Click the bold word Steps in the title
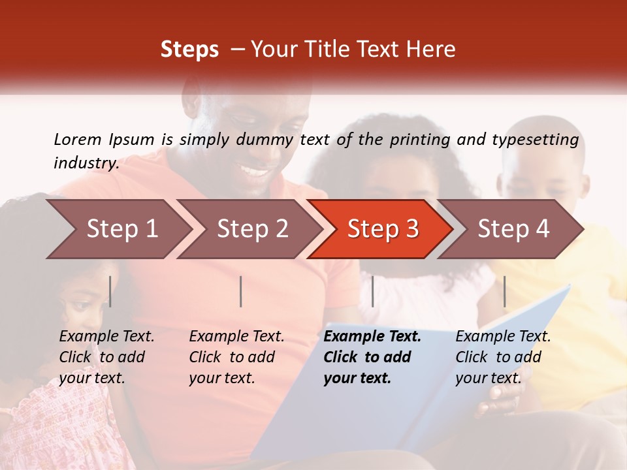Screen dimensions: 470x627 [189, 50]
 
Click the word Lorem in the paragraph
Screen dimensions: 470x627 [78, 139]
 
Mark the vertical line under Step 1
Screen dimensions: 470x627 [110, 291]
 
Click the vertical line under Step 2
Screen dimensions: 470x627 [241, 291]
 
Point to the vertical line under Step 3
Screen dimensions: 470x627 [372, 291]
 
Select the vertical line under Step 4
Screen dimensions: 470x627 [504, 291]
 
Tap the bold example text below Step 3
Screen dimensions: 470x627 [372, 357]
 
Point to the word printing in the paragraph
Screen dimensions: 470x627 [421, 139]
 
